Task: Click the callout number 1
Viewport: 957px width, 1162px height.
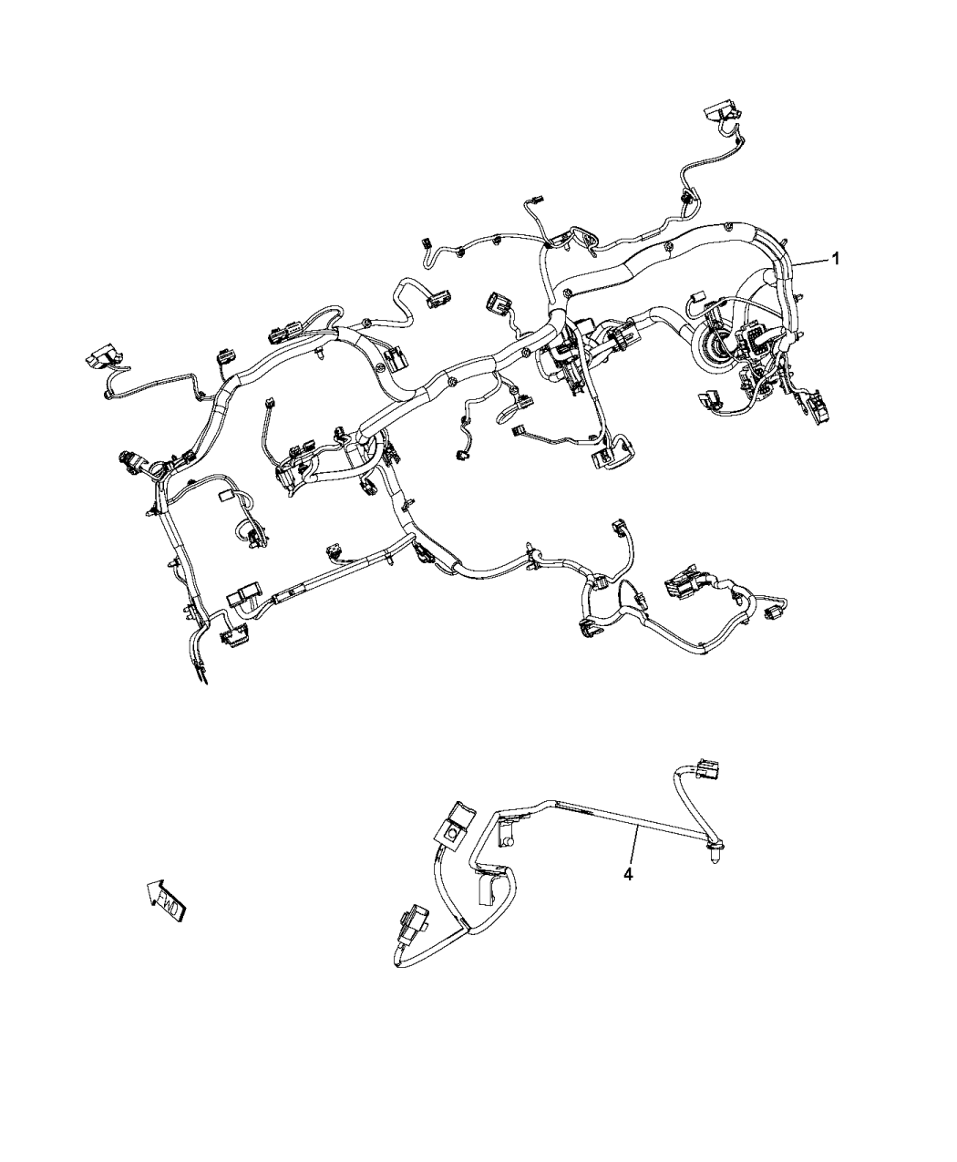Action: coord(835,259)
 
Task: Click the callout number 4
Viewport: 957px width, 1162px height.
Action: coord(628,874)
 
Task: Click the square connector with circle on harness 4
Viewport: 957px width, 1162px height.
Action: coord(453,828)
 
